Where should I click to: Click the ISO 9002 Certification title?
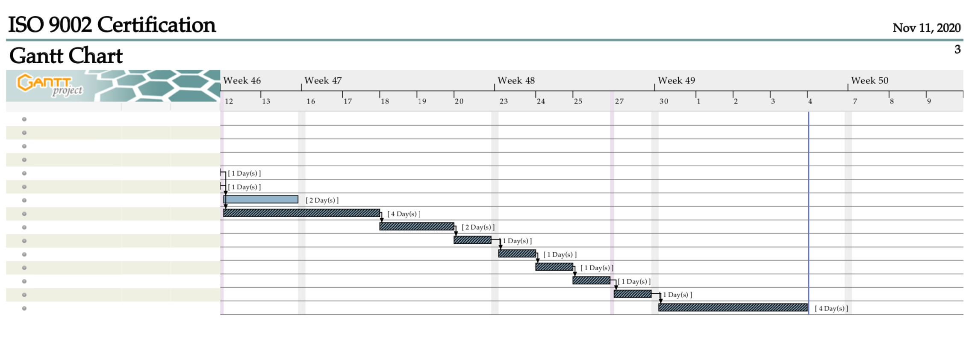click(x=112, y=25)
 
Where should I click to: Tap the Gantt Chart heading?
click(x=66, y=56)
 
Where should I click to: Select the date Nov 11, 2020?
click(x=926, y=28)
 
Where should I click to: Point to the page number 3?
click(x=957, y=50)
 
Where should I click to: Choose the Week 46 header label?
click(x=242, y=80)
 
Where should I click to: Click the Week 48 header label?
click(x=516, y=80)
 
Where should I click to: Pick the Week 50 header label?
click(x=869, y=80)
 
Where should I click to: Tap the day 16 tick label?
click(x=311, y=101)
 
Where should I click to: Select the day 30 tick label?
click(x=663, y=101)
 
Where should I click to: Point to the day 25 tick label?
click(x=578, y=101)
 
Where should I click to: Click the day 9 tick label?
click(x=929, y=101)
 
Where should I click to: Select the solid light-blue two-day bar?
click(x=261, y=199)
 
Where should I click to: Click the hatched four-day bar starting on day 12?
click(x=301, y=213)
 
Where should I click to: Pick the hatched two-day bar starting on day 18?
click(x=417, y=227)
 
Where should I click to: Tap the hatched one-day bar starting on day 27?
click(x=633, y=294)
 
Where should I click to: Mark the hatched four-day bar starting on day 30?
click(x=733, y=307)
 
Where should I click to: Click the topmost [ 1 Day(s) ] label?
click(x=244, y=173)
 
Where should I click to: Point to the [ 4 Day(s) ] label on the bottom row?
click(x=831, y=308)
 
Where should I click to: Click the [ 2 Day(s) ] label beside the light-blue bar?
click(x=322, y=200)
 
